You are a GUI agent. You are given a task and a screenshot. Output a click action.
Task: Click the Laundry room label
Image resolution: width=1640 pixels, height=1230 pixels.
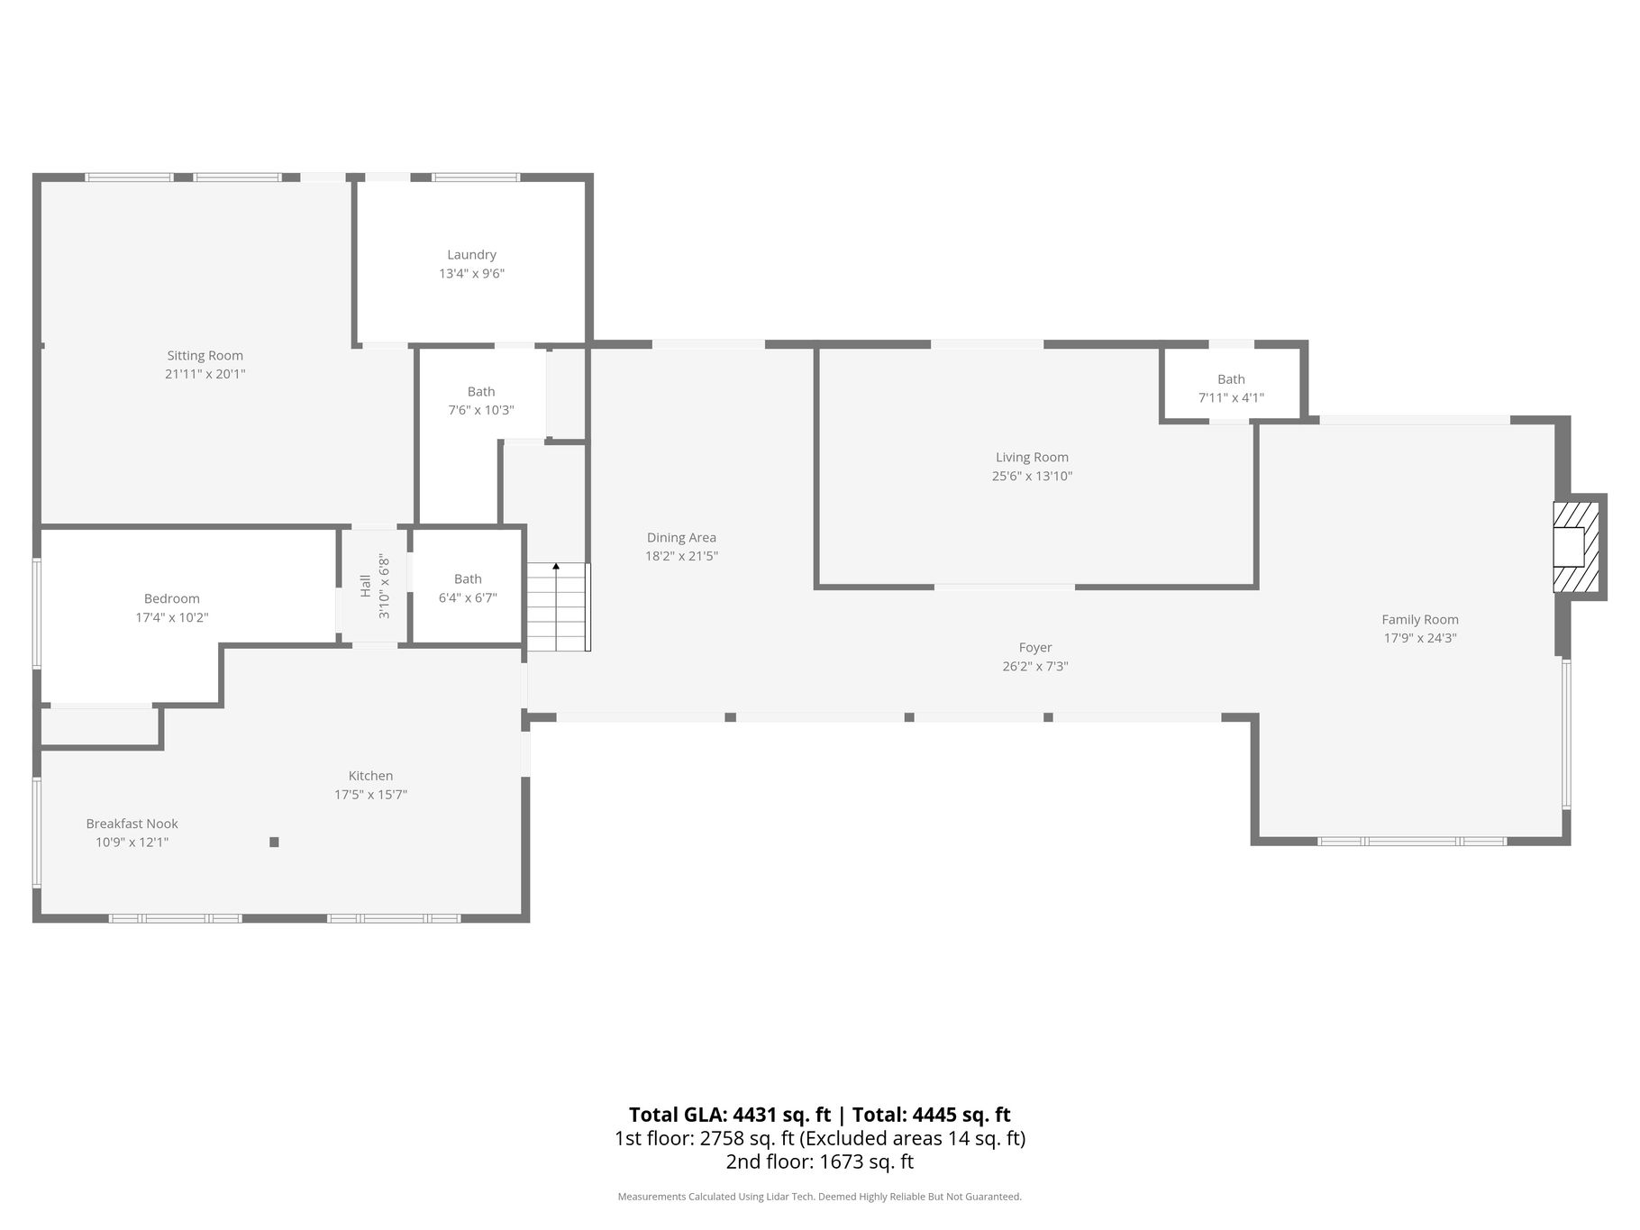471,255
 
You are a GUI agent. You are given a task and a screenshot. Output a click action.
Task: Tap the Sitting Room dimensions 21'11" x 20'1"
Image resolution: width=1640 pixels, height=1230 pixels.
205,374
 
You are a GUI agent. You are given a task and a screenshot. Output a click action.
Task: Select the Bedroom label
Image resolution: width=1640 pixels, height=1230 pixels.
172,598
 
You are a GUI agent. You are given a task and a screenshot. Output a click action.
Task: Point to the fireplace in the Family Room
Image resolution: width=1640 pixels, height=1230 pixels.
1576,546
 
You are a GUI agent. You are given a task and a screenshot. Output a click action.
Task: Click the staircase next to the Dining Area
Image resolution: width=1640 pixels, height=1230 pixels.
558,606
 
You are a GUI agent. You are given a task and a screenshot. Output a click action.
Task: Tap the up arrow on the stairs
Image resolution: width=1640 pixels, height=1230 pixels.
556,567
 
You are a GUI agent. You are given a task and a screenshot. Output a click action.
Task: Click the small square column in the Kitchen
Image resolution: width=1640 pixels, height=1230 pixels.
274,842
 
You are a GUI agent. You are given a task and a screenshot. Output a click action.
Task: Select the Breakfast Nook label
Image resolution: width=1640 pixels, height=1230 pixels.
132,824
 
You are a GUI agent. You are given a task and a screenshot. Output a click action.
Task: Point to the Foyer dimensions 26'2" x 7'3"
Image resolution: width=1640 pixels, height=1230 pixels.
1035,667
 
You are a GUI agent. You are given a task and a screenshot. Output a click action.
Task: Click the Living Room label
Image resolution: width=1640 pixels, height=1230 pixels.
1032,458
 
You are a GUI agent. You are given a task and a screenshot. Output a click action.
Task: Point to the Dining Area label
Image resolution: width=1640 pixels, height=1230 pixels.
681,538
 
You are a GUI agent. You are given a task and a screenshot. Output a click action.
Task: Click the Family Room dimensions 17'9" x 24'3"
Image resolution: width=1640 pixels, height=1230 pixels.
1420,639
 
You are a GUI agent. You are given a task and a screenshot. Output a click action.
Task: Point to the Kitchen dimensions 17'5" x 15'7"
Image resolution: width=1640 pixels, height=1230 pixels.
370,795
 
